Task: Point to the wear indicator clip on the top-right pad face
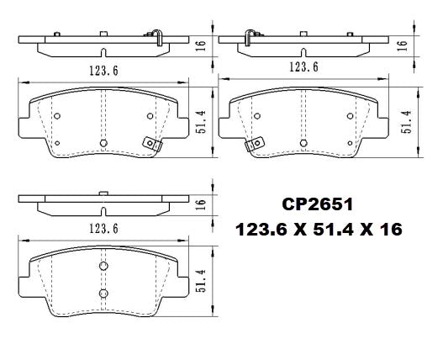pos(251,144)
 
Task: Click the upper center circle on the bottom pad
pos(103,266)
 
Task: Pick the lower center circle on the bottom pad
pos(103,293)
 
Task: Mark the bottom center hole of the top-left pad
pos(103,142)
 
